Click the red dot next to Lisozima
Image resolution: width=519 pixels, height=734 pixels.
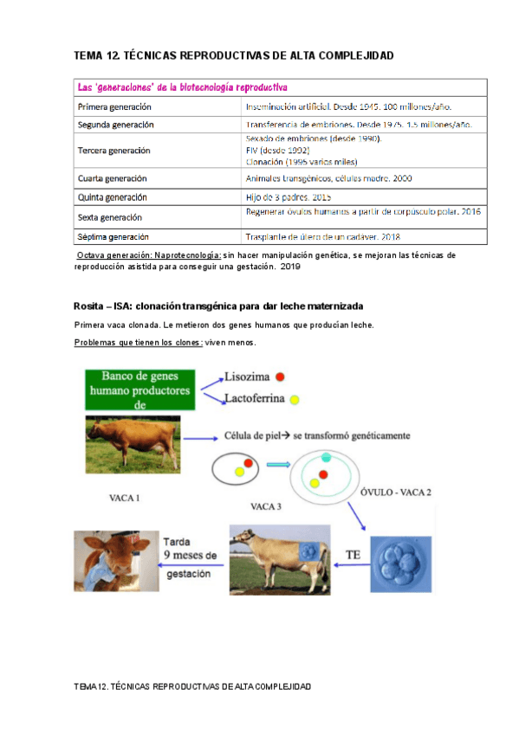tap(281, 377)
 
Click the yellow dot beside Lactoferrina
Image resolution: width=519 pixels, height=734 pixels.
tap(295, 400)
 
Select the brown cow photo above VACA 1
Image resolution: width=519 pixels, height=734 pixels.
tap(133, 444)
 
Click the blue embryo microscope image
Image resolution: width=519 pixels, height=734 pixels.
tap(400, 564)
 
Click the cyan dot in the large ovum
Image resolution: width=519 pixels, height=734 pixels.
tap(326, 457)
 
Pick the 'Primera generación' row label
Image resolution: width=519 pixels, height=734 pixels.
tap(114, 107)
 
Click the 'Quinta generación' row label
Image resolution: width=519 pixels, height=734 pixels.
tap(113, 197)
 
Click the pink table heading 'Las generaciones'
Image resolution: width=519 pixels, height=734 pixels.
tap(183, 87)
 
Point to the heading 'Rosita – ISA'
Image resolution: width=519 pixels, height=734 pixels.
tap(218, 307)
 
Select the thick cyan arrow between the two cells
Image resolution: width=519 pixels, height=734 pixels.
tap(277, 465)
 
